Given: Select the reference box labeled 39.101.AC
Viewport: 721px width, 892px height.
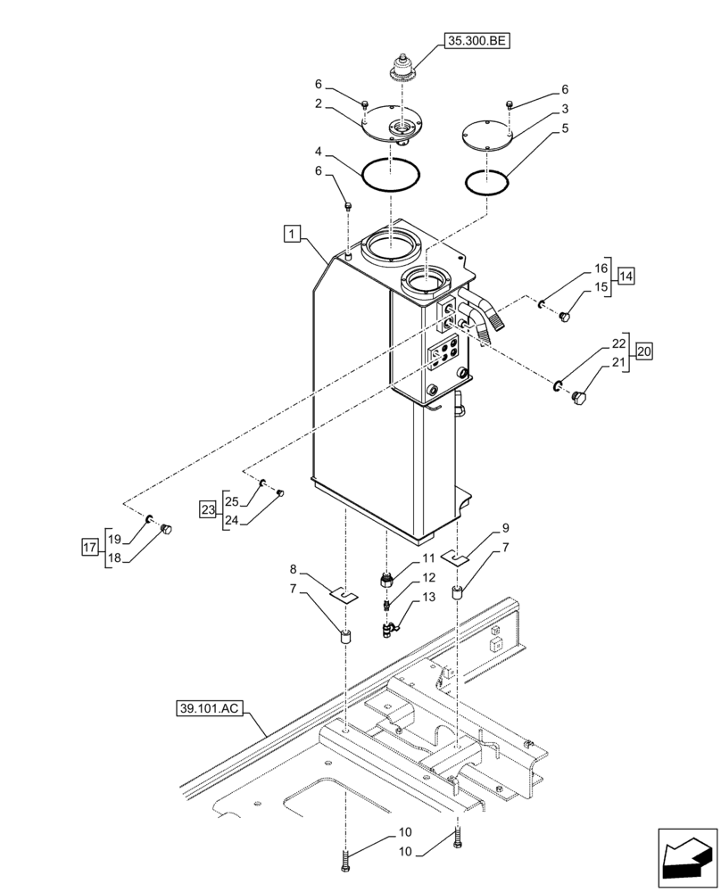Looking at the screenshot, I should tap(209, 709).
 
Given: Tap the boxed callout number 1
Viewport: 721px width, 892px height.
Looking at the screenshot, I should tap(291, 234).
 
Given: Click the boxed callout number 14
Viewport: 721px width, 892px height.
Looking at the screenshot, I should tap(625, 277).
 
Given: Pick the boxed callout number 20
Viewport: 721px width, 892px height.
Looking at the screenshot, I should tap(643, 352).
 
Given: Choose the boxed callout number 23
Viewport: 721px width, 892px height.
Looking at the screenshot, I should tap(207, 509).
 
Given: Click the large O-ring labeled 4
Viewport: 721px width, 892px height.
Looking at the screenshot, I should tap(391, 171).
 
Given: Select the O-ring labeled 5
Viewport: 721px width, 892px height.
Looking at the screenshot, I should tap(487, 182).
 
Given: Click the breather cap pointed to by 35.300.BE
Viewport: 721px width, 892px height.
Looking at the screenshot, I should tap(402, 68).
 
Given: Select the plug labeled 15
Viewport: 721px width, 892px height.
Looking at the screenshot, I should tap(564, 316).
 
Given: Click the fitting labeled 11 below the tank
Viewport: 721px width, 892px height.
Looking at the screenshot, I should tap(389, 578).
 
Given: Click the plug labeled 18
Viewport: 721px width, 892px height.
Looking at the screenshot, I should tap(165, 532).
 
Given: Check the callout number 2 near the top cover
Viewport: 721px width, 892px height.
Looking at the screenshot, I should tap(317, 103).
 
